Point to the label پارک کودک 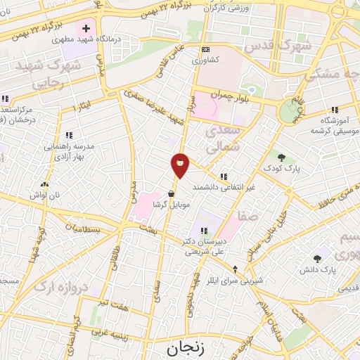click(281, 169)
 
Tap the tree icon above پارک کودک click(281, 158)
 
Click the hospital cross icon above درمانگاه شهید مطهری click(86, 29)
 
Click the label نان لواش click(44, 193)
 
